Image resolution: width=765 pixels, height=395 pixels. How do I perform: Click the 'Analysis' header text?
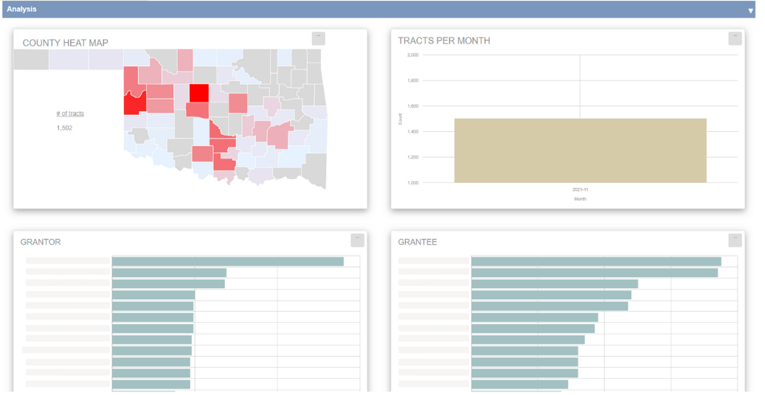(x=21, y=10)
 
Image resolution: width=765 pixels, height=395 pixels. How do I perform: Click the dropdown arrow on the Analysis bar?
(x=750, y=11)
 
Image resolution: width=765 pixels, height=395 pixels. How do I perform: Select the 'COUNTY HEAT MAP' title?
(x=65, y=43)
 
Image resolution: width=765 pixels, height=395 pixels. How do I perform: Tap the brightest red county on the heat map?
(x=198, y=93)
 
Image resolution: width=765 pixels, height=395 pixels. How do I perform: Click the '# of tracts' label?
(x=70, y=113)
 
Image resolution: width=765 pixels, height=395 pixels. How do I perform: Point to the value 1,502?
(x=64, y=128)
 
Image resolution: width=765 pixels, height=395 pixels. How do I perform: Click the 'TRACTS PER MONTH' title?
(x=443, y=41)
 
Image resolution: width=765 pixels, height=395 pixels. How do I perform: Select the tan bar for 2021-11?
(x=580, y=150)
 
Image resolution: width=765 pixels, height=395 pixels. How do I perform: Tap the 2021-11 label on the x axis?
(x=580, y=189)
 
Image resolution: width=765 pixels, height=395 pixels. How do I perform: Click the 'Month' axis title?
(x=580, y=199)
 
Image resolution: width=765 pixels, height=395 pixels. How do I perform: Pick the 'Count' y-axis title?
(x=401, y=119)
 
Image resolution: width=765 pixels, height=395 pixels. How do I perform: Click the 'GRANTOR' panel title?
(x=41, y=242)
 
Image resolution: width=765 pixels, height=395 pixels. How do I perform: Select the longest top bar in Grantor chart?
(x=227, y=262)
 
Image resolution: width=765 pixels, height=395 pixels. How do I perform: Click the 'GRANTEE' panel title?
(x=418, y=242)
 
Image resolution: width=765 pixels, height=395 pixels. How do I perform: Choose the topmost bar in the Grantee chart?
(x=595, y=262)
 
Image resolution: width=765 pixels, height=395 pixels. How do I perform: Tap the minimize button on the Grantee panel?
(x=735, y=240)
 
